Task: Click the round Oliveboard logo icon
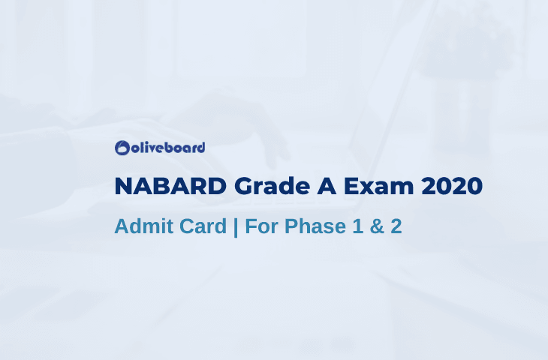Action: (x=122, y=148)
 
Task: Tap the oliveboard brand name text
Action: (x=168, y=148)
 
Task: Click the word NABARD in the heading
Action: (x=170, y=186)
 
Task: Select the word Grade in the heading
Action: (x=272, y=186)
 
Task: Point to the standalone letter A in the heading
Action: (x=327, y=186)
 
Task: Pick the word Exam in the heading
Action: (x=379, y=186)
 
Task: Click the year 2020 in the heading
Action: (x=452, y=186)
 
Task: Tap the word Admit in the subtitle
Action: (x=144, y=226)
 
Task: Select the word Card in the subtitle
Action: (x=203, y=226)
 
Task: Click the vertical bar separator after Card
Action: (x=236, y=227)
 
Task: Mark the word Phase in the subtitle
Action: (x=315, y=226)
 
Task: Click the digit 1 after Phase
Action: (x=357, y=226)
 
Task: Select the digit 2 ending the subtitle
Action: (x=396, y=226)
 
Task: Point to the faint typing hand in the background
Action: (x=230, y=122)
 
